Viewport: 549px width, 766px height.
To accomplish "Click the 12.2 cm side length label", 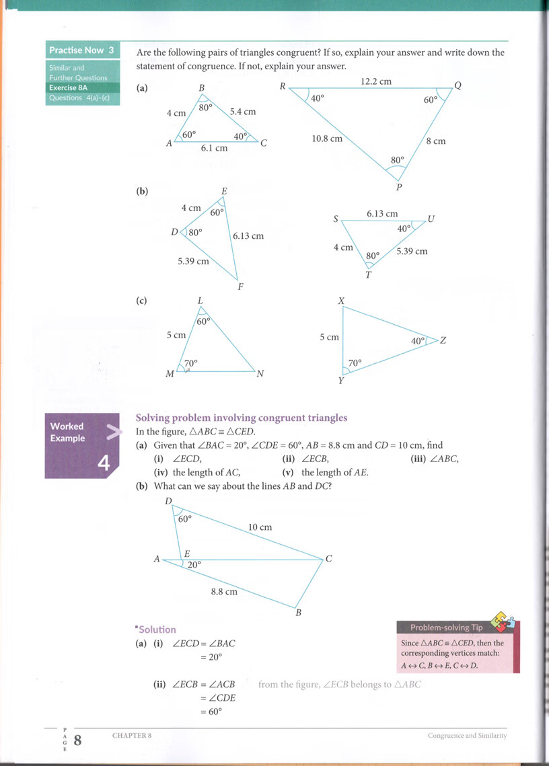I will (x=375, y=81).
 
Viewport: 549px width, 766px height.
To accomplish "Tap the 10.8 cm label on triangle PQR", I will (x=327, y=139).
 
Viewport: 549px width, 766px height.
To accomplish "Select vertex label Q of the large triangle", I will (x=458, y=85).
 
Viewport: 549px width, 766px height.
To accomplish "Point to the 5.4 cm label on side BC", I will (x=243, y=112).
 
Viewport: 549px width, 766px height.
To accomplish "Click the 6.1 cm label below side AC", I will (x=214, y=148).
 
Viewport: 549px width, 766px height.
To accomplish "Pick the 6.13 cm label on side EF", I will (x=248, y=236).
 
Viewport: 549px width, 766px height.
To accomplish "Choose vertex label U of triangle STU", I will (x=431, y=219).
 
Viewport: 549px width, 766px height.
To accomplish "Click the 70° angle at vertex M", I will (x=190, y=363).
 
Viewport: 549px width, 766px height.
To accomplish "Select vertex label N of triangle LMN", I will (x=260, y=374).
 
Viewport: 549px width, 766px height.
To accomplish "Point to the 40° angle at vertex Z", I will (x=418, y=341).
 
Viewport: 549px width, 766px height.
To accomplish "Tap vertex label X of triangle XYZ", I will (x=341, y=301).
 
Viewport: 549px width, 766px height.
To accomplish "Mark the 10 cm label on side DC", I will (x=260, y=527).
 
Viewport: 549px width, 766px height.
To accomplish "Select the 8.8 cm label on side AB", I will (x=224, y=592).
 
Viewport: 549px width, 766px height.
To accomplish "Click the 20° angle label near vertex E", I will (x=194, y=566).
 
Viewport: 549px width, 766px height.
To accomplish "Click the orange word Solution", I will (x=157, y=629).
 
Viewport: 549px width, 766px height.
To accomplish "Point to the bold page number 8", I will (x=77, y=740).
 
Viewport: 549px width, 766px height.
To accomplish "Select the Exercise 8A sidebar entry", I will (x=69, y=87).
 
